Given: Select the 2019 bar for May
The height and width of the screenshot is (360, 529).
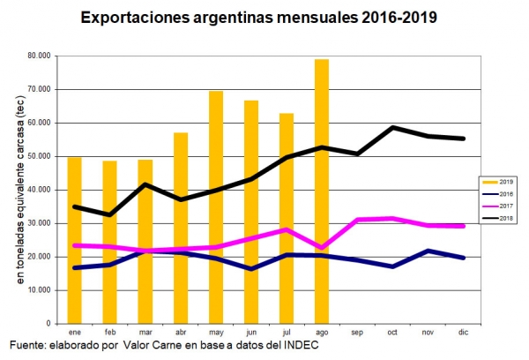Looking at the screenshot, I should coord(215,206).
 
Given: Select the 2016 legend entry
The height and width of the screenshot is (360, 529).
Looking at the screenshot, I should coord(505,193).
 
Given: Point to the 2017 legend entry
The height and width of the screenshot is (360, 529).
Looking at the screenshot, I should coord(505,206).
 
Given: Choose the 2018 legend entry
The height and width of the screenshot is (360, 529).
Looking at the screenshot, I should coord(505,218).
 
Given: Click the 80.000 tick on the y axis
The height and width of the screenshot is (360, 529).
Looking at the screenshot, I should coord(38,56).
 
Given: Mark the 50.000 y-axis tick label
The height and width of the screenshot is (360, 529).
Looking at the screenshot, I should coord(38,157).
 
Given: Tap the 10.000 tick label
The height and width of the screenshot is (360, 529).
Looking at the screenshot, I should coord(38,290).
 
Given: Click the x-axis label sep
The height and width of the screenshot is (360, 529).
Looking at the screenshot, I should coord(357,332).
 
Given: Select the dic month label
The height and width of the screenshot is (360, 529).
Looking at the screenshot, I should coord(463,332).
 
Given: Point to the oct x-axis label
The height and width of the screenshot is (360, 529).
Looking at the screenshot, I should coord(392,332).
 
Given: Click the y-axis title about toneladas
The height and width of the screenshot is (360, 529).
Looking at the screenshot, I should coord(19,190).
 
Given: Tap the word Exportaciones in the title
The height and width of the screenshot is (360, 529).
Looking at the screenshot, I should coord(132,17).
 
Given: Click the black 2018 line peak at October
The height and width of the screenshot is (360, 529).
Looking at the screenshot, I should coord(393,127).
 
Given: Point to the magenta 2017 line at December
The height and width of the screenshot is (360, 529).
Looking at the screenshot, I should coord(463,226).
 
